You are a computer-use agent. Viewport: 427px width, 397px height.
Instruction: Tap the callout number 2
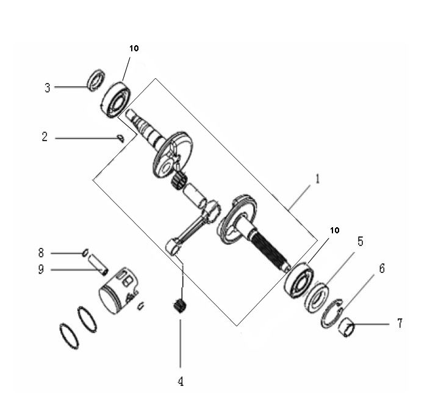(45, 137)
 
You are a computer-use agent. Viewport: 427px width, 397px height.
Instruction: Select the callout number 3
(47, 87)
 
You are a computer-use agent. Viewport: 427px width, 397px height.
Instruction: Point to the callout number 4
(180, 382)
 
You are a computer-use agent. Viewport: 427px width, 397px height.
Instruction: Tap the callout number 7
(400, 323)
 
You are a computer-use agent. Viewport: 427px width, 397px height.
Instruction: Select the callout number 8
(41, 252)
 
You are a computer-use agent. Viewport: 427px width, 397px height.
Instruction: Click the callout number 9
(41, 269)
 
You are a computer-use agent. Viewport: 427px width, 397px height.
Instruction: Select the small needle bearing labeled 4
(179, 305)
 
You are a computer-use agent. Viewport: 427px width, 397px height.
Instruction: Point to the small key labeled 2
(121, 139)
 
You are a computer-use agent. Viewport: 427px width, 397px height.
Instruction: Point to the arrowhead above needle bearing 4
(181, 295)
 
